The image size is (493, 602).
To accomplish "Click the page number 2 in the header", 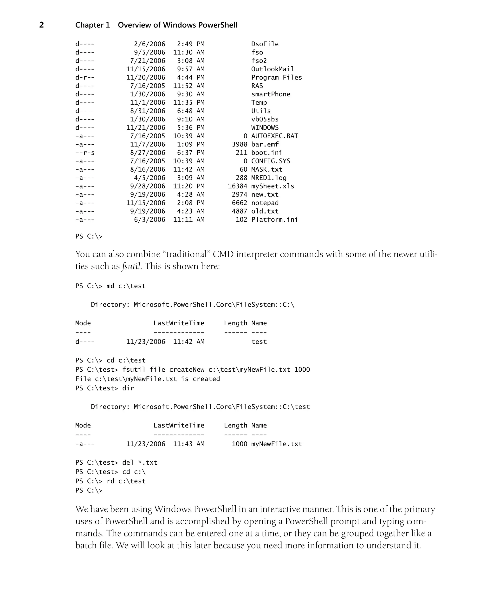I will [41, 25].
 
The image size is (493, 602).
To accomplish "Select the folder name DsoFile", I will [265, 44].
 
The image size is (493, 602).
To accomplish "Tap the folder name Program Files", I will [276, 78].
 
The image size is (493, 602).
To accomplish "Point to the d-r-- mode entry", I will [85, 78].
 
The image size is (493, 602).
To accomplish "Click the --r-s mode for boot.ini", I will [85, 153].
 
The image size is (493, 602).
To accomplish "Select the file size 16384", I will [237, 186].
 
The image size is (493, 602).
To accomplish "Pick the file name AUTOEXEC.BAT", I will [275, 136].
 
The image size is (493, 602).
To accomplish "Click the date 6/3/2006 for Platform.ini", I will [149, 220].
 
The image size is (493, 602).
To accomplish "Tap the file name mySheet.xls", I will [273, 186].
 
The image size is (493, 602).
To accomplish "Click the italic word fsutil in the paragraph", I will [131, 267].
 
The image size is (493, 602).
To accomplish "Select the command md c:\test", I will [126, 286].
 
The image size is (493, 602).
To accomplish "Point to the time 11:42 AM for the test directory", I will [188, 342].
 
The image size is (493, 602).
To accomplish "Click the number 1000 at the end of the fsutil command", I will [302, 370].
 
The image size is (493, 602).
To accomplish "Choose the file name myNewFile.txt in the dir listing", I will [276, 444].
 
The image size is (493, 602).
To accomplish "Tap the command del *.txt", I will [139, 463].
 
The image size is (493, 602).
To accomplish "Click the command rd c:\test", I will [126, 481].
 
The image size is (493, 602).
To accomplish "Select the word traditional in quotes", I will [186, 254].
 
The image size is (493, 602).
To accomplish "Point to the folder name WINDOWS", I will [265, 128].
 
